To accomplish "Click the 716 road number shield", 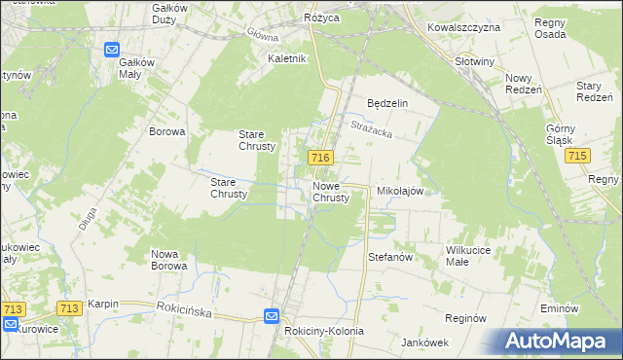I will point(321,158).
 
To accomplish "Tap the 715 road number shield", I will point(579,157).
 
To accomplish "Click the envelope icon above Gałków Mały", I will point(113,50).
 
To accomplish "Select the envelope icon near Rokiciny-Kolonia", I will point(272,316).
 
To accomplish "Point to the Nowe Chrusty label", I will point(331,192).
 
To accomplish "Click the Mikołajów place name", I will point(399,192).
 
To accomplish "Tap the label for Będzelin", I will point(386,103).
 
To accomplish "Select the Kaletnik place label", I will point(287,58).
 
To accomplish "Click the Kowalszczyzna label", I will point(463,27).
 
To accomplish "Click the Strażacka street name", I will point(370,126).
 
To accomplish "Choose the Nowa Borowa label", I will point(168,260).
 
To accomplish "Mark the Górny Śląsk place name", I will point(562,134).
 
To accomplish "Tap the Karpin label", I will point(102,304).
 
